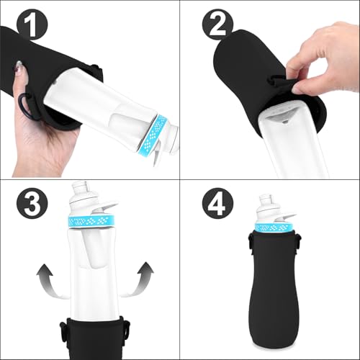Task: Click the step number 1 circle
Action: [31, 27]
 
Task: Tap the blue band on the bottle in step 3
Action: [93, 219]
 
